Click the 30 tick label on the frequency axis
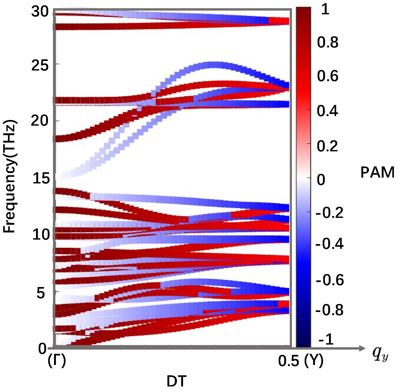(40, 12)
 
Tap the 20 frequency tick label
(40, 121)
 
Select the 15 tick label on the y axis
(41, 178)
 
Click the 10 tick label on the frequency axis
(41, 235)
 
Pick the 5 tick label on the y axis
(41, 293)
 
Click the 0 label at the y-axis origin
(42, 349)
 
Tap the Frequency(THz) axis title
(10, 176)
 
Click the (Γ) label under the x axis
(57, 360)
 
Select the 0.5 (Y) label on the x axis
(301, 361)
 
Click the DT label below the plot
(176, 381)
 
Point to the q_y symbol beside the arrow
(380, 354)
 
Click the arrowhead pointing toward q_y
(362, 348)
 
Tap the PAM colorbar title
(377, 173)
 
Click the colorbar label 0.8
(328, 42)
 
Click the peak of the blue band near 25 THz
(215, 64)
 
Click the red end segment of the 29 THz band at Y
(279, 21)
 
